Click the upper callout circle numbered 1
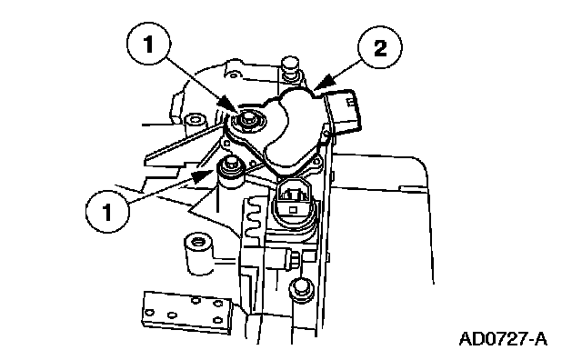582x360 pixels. click(x=148, y=45)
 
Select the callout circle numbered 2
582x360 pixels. click(x=380, y=48)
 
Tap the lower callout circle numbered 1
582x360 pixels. click(x=107, y=211)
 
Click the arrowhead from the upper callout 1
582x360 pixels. click(x=230, y=105)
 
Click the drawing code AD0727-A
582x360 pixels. click(x=503, y=339)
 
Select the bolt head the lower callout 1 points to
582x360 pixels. click(x=231, y=166)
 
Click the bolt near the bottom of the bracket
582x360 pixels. click(x=301, y=288)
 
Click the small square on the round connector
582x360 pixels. click(x=293, y=210)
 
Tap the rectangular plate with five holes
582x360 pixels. click(x=187, y=312)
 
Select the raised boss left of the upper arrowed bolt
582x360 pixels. click(x=195, y=121)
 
